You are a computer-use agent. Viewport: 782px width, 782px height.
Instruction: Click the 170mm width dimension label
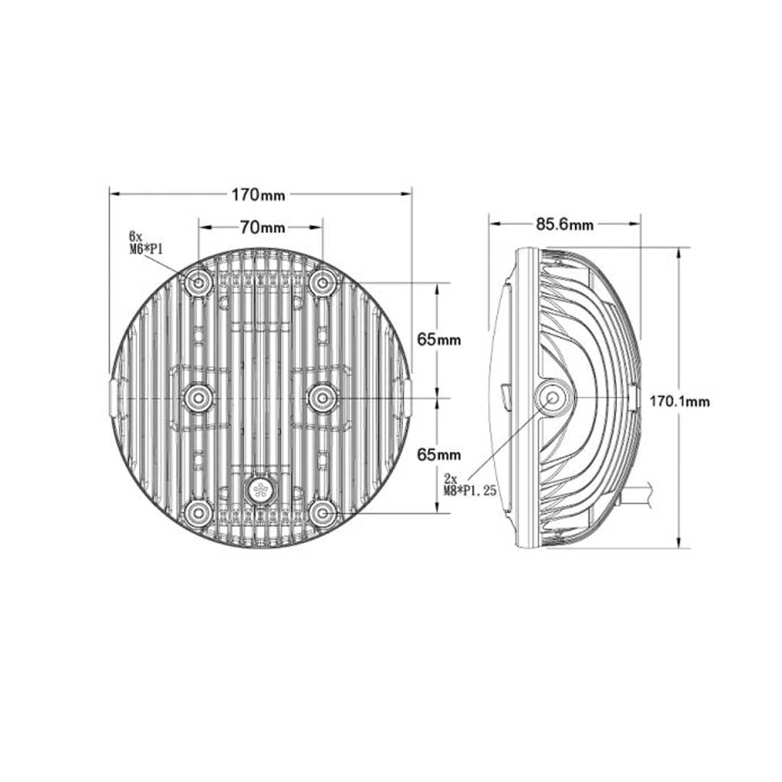point(258,195)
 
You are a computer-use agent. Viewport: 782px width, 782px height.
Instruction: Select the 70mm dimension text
point(263,228)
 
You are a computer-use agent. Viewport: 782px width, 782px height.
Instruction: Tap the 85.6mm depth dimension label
point(565,225)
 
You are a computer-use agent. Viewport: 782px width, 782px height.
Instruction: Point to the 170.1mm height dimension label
point(679,402)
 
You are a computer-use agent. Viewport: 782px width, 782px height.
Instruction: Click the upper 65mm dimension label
point(439,340)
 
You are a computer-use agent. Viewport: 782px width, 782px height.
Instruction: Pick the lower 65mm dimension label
point(439,455)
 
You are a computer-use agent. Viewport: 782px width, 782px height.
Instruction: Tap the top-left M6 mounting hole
point(199,283)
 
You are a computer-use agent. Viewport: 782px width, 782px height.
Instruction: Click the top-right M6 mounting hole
point(323,283)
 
